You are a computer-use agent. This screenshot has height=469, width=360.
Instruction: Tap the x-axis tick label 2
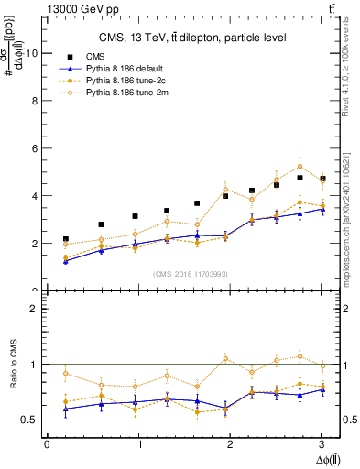point(230,444)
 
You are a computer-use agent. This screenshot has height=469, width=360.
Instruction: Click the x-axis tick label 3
point(322,444)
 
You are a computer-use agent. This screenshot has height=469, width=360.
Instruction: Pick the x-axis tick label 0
point(47,444)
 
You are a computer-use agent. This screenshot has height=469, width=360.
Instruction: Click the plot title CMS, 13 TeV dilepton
point(192,38)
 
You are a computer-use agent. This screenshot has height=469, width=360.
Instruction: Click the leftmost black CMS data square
point(66,239)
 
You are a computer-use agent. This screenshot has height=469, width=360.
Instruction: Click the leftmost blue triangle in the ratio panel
point(66,409)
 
